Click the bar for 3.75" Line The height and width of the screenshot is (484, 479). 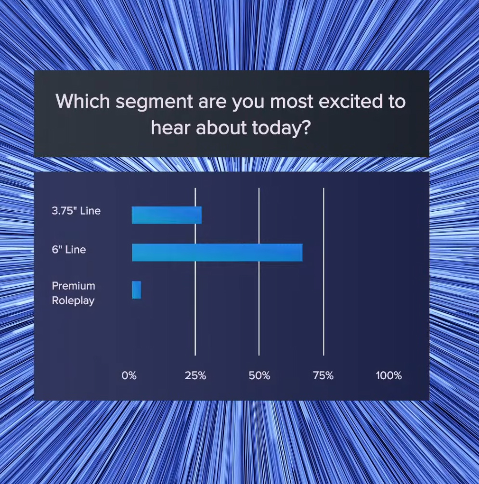(167, 215)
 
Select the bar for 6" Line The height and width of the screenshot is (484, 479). (217, 253)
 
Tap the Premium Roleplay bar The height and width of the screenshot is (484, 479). (137, 290)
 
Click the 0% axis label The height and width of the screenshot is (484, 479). (129, 376)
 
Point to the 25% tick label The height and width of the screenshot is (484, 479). (195, 376)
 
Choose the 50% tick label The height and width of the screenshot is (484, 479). (259, 376)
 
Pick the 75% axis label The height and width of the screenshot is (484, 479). (324, 376)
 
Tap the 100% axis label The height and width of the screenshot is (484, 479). (389, 376)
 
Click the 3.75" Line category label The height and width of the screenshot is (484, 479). (76, 211)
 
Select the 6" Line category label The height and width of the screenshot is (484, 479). (69, 249)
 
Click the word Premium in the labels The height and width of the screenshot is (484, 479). (74, 286)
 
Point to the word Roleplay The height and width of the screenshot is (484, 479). (73, 301)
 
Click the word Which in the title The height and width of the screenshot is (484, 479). (83, 101)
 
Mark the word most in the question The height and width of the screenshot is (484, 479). (292, 102)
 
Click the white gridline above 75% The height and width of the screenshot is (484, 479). (324, 272)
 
